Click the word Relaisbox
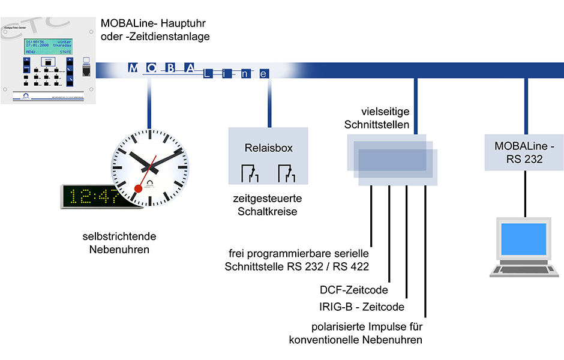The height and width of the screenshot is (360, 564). [x=268, y=148]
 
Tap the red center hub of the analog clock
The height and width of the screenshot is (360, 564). [x=138, y=188]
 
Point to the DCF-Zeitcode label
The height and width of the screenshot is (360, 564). [x=353, y=290]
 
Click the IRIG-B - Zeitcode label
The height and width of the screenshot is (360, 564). [x=362, y=307]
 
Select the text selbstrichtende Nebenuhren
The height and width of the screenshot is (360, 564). [x=116, y=243]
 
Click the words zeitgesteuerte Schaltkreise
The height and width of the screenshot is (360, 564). [x=268, y=205]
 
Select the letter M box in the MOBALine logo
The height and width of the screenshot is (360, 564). [x=133, y=68]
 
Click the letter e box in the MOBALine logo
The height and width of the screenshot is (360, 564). [x=263, y=74]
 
